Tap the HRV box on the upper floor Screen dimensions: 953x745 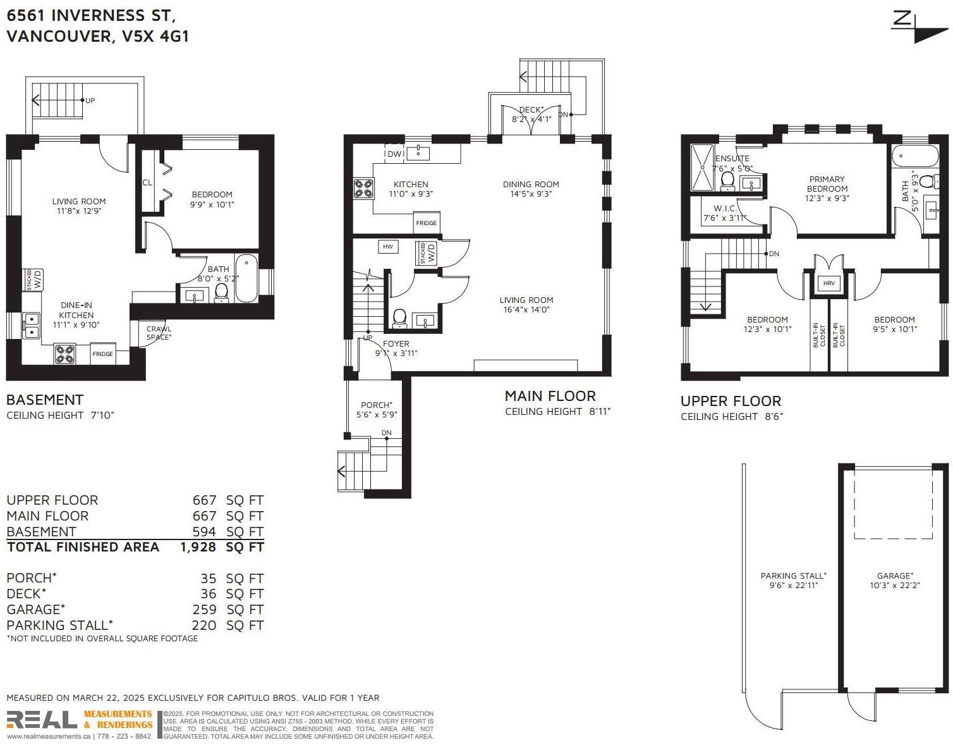829,283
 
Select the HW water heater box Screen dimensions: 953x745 387,247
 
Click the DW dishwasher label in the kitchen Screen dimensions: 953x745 394,154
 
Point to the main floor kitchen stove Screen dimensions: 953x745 364,188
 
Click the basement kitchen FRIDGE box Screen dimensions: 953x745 102,354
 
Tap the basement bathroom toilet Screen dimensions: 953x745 221,293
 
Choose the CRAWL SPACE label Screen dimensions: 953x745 159,333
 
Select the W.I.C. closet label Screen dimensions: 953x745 725,209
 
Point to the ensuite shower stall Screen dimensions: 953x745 702,168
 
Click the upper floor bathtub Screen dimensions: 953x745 914,156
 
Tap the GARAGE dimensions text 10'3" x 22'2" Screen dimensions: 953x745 895,585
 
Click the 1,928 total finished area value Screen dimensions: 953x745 198,547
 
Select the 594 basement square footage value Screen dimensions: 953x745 204,532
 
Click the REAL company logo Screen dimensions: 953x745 42,720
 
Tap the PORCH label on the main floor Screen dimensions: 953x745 376,405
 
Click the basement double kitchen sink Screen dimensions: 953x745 31,326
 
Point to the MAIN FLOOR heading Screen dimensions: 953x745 550,396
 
